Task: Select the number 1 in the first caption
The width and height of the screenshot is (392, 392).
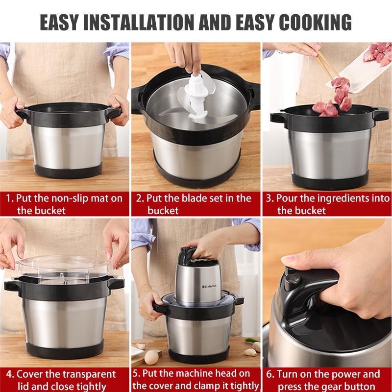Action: coord(8,199)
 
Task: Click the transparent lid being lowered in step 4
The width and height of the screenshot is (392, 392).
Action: coord(64,267)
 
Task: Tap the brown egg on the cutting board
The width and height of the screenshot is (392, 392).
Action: coord(151,356)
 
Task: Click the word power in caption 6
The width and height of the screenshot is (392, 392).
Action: coord(350,374)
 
